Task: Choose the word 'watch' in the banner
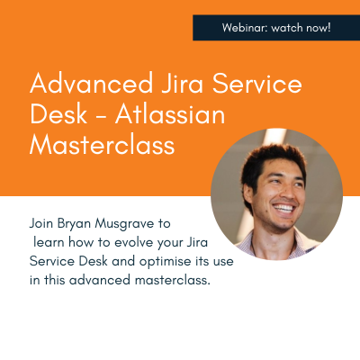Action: pos(285,28)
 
